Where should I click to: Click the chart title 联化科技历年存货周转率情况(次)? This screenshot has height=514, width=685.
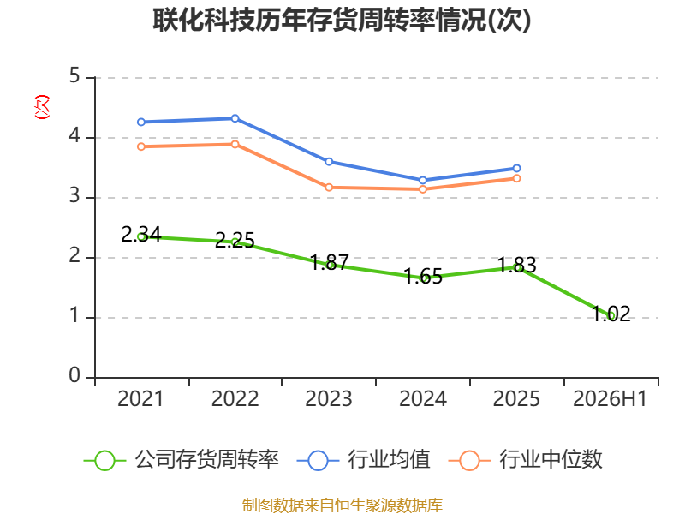coord(342,20)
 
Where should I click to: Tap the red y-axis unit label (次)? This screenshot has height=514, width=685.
coord(42,107)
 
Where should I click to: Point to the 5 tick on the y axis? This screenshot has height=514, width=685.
coord(74,76)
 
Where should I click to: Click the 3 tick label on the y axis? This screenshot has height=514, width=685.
coord(74,196)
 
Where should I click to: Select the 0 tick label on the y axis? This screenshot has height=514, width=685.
coord(74,375)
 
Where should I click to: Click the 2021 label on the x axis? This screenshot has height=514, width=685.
coord(140,398)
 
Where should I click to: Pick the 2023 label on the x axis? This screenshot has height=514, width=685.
coord(329,398)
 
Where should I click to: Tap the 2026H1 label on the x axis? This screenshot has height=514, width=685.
coord(610,398)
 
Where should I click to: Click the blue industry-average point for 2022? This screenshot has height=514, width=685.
coord(235,118)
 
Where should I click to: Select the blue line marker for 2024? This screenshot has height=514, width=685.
coord(423,180)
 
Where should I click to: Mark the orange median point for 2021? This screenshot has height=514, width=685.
coord(141,146)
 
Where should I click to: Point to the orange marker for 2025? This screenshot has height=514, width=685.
coord(517,178)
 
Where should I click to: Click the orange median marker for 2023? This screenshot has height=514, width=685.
coord(329,188)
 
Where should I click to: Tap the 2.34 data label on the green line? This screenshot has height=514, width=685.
coord(141,234)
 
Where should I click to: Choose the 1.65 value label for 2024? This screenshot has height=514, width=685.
coord(423,276)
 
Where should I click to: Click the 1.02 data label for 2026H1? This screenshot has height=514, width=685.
coord(611,314)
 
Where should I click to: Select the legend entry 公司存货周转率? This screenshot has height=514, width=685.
coord(182,460)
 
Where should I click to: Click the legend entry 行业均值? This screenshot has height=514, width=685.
coord(363,460)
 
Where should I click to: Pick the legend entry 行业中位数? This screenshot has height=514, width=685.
coord(526,460)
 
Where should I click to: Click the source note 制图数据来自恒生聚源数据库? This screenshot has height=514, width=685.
coord(342,505)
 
